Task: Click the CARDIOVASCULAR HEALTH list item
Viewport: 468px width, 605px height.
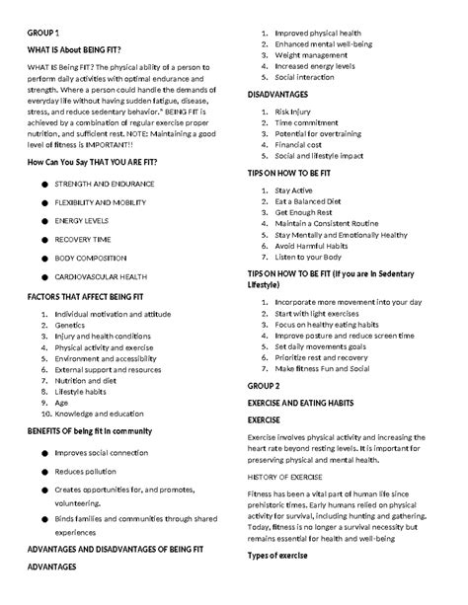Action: (x=101, y=276)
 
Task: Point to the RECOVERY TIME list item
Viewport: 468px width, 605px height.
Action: (x=82, y=239)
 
